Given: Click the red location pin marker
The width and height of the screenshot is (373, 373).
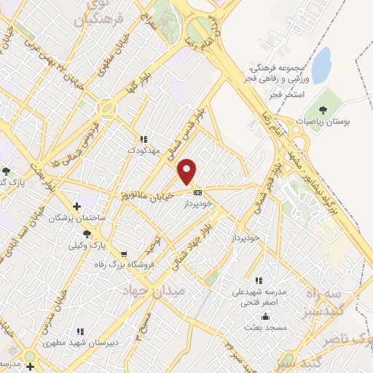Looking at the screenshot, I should pyautogui.click(x=188, y=171).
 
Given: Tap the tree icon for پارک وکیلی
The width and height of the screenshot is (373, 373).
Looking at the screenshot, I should pyautogui.click(x=87, y=234).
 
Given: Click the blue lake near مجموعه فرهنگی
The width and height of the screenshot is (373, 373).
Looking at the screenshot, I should pyautogui.click(x=321, y=58).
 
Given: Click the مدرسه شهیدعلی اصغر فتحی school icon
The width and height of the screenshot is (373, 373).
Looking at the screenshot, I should pyautogui.click(x=257, y=280).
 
